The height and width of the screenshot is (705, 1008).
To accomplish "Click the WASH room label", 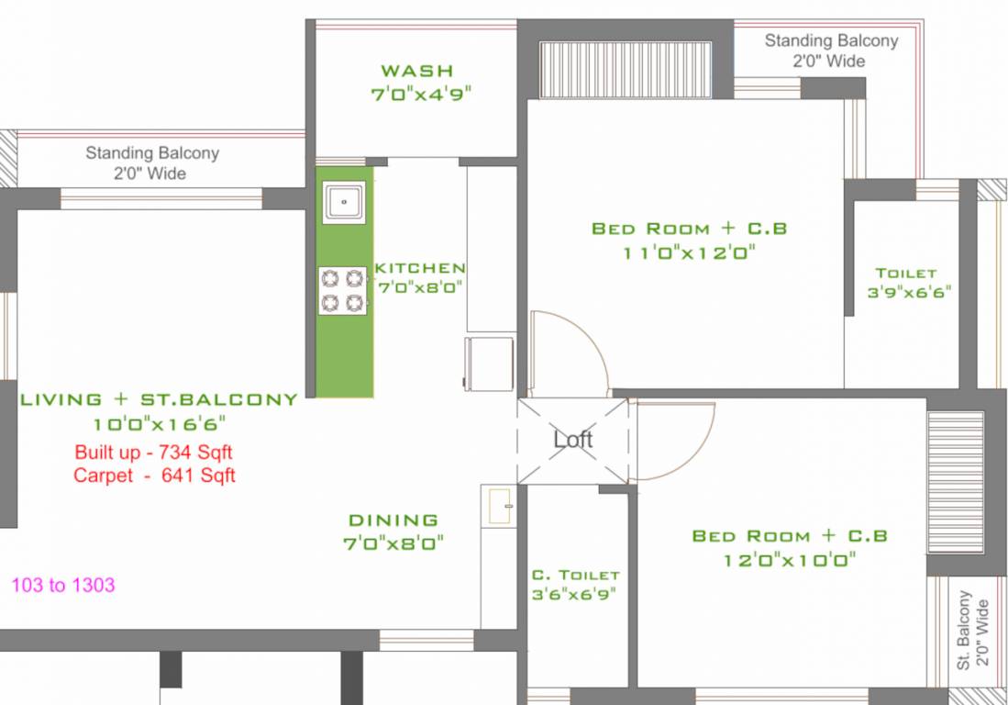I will point(417,71).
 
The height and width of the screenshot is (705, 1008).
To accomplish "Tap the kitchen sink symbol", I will point(345,200).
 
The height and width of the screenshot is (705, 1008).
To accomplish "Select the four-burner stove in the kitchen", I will point(343,290).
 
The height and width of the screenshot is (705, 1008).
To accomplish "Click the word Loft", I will point(573,440).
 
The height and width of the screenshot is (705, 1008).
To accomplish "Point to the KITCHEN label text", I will point(420,268).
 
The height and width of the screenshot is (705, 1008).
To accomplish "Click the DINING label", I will point(393,520).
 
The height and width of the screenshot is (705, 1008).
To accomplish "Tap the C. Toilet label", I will point(576,576).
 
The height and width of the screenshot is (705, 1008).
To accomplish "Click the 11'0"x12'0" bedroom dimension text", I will point(690,253).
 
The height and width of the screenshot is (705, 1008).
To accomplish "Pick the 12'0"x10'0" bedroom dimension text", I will point(789,560).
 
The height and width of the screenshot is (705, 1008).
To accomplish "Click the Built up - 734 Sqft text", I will point(154,453).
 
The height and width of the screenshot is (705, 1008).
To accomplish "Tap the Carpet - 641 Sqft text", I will point(154,476).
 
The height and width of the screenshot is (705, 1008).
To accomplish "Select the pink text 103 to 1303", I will point(63,585).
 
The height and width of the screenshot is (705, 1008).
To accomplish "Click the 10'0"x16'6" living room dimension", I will point(159,423).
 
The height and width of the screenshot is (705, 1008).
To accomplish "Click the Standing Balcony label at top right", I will point(831,50).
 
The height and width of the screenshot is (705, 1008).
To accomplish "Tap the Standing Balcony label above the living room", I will point(152,162).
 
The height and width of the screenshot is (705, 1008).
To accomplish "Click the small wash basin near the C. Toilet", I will point(498,507).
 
